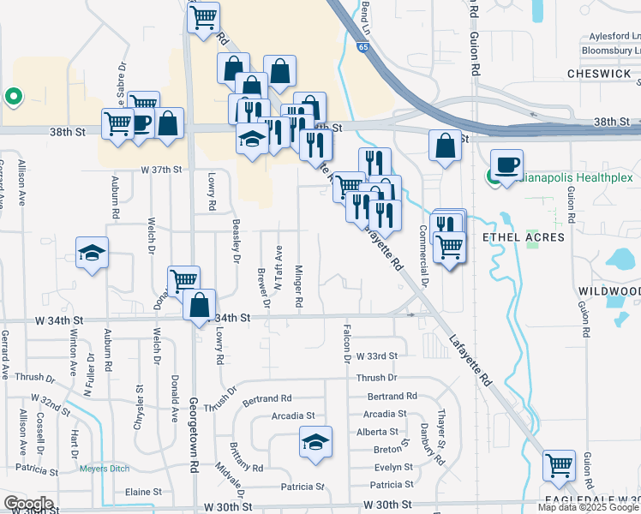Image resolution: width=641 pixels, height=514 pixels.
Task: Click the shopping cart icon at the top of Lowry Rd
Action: point(203,17)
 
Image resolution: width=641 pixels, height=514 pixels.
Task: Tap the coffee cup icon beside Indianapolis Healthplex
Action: point(506,163)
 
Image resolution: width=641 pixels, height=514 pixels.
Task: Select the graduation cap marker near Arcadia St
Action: point(315,443)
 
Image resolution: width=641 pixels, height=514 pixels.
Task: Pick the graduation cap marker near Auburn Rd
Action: point(93,253)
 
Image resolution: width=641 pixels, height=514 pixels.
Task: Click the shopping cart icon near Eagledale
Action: point(559,466)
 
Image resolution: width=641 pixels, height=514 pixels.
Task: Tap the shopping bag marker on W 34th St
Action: point(199,305)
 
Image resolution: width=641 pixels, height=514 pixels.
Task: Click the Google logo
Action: point(28,504)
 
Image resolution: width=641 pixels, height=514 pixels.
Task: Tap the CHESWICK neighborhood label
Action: point(600,74)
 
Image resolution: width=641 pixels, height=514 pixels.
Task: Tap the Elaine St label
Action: point(143,492)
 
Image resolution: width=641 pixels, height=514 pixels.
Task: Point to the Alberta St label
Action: point(383,432)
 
